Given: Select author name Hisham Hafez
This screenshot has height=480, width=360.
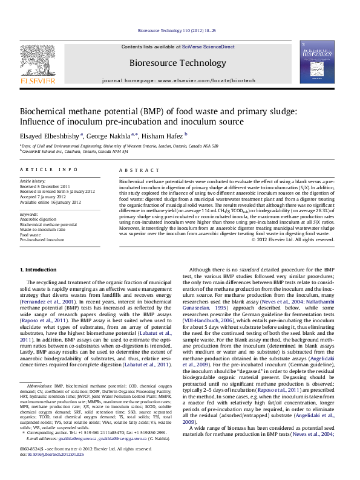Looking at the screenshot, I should [167, 135].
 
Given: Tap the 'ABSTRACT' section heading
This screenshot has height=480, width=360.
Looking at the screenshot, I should [136, 171].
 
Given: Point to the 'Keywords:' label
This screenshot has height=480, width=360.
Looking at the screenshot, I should [30, 214].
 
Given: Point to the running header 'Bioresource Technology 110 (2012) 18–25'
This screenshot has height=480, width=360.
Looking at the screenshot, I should [177, 30].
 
